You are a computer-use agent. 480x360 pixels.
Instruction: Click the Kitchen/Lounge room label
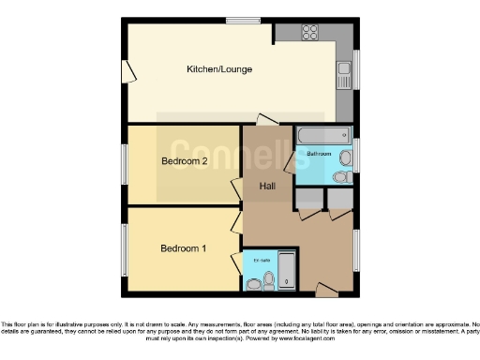219,69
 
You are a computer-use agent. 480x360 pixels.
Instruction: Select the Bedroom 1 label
182,248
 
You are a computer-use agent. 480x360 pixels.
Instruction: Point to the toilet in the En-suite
269,278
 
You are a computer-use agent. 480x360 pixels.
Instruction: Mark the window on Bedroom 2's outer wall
125,165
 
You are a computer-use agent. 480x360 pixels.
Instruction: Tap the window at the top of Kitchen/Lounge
243,20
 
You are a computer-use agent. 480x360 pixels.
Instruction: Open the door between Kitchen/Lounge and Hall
267,119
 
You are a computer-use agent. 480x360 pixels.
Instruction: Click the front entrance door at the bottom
327,287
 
